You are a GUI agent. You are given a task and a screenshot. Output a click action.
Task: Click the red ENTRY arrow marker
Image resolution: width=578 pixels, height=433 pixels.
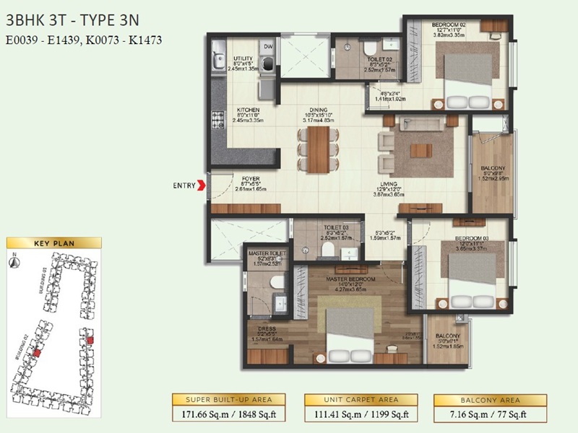point(202,185)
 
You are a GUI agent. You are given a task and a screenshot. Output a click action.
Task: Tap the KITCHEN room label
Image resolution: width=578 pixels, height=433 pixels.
point(248,110)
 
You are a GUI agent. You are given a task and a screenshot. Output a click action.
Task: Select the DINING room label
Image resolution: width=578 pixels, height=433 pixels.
point(316,110)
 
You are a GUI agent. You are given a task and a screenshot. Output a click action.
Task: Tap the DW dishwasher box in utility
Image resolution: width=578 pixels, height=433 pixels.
point(267,45)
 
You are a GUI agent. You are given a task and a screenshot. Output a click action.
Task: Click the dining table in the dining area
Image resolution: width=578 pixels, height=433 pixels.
point(316,148)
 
